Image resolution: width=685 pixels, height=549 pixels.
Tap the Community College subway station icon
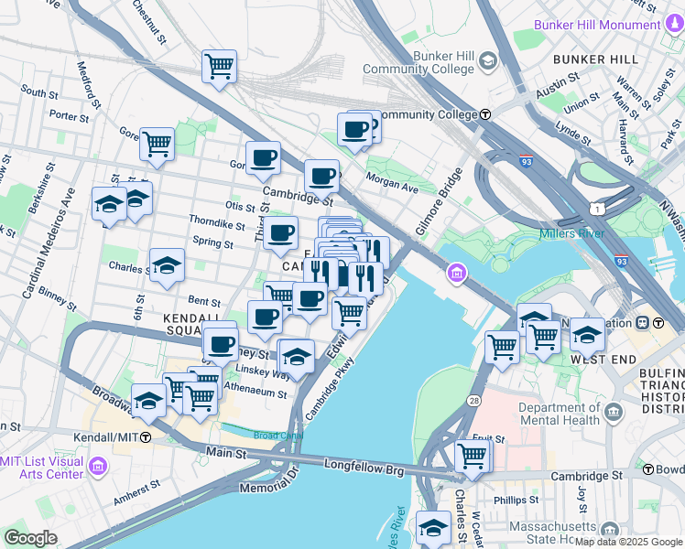(x=485, y=114)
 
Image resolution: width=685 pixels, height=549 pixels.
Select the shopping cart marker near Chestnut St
(x=220, y=65)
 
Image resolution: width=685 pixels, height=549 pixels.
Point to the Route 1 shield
(x=596, y=210)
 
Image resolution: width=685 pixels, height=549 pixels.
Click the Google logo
(x=30, y=537)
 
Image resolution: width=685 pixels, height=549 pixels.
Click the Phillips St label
(x=515, y=500)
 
